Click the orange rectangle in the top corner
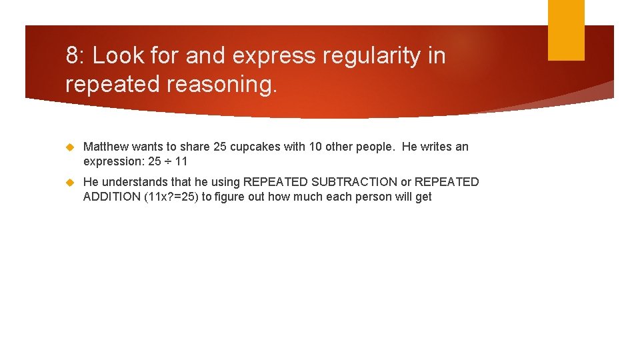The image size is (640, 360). coord(566,29)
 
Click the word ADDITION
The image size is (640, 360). coord(107,197)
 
